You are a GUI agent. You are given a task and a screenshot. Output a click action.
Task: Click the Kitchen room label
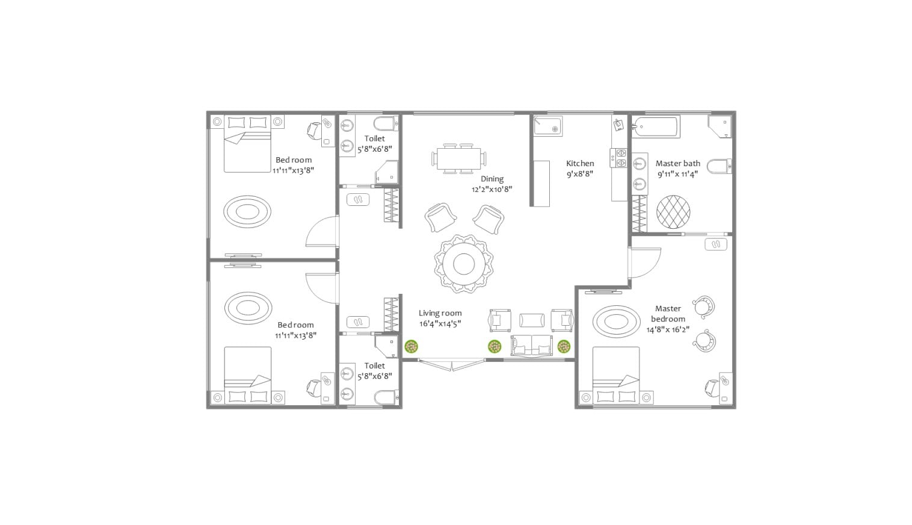click(x=580, y=163)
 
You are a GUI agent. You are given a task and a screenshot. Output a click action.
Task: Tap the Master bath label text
click(x=677, y=163)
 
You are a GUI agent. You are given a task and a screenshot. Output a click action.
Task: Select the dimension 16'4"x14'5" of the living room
click(x=440, y=324)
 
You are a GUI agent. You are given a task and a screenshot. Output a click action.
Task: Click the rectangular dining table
click(x=458, y=159)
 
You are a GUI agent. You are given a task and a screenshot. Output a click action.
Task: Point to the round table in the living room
click(x=463, y=264)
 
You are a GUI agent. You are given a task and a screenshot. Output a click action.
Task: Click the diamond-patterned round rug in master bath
click(x=673, y=211)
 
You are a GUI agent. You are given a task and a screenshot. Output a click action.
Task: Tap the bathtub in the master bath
click(x=656, y=127)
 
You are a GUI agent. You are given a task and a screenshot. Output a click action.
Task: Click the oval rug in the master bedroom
click(x=616, y=322)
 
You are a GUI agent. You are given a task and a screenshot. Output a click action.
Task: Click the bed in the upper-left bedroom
click(x=247, y=144)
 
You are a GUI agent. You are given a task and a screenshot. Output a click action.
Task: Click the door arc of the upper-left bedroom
click(x=321, y=232)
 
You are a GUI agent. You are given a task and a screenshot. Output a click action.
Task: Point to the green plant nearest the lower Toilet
click(x=411, y=346)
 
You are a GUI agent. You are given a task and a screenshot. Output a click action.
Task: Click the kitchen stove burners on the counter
click(x=621, y=158)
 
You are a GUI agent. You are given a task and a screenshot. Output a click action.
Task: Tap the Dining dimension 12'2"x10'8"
click(x=491, y=189)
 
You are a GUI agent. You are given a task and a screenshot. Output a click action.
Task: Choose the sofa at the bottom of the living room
click(x=532, y=346)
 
